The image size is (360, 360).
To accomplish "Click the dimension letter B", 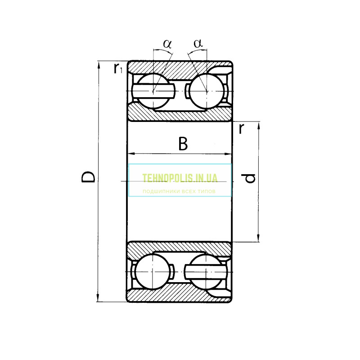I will (182, 144).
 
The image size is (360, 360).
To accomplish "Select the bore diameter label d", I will (250, 178).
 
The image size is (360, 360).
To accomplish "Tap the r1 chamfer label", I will (118, 69).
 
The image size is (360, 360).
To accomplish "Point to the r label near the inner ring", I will (242, 129).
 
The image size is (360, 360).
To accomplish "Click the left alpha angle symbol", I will (167, 44).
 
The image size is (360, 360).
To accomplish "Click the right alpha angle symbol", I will (198, 44).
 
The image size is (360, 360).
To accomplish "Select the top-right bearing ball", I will (206, 91).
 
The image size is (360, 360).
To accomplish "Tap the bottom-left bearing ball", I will (153, 271).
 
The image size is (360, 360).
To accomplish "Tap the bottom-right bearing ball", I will (206, 271).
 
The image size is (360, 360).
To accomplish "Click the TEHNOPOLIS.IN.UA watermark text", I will (180, 178).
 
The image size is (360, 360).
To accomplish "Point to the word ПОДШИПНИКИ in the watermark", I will (160, 191).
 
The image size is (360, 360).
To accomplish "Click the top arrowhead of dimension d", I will (259, 125).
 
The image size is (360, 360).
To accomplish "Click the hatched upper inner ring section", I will (180, 115).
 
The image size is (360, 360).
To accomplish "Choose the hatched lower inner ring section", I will (180, 247).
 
